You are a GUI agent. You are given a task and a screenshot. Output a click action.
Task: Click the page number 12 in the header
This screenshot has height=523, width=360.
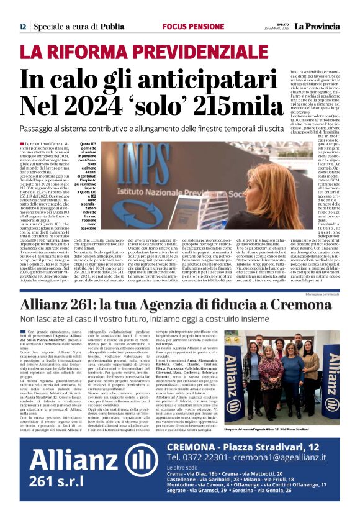tap(22, 27)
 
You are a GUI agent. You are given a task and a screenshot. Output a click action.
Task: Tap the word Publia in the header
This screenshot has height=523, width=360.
tap(112, 27)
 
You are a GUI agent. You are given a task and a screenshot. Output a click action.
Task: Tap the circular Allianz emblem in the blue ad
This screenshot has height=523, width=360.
tap(127, 464)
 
